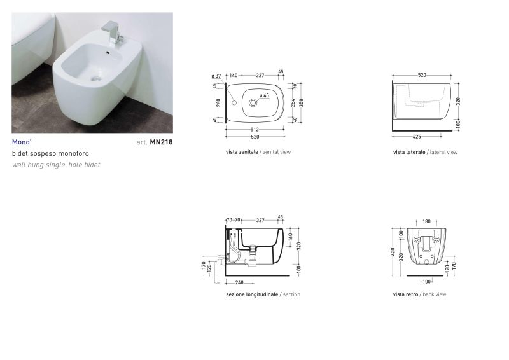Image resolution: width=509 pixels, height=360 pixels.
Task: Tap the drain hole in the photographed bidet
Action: (95, 79)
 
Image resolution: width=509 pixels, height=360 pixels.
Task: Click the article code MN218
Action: (161, 142)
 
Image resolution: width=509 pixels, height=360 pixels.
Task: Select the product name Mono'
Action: (22, 142)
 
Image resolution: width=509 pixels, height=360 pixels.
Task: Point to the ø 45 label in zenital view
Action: (264, 96)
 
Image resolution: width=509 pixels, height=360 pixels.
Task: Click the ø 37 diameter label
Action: (216, 76)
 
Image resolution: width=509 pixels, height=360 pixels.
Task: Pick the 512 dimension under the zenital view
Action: (254, 130)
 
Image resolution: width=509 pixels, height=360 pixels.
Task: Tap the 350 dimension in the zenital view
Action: (301, 103)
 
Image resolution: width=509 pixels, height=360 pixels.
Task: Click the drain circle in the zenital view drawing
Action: (253, 103)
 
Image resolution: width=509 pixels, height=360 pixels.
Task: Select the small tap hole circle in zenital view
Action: (234, 103)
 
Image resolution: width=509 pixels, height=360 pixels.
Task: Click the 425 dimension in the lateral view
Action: (417, 137)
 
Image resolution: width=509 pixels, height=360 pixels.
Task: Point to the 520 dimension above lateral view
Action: (422, 75)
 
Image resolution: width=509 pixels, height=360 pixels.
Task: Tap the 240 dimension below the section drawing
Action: (239, 283)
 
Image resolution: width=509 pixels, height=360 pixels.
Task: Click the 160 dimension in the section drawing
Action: (291, 237)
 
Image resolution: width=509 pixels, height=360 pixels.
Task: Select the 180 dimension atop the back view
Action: (426, 221)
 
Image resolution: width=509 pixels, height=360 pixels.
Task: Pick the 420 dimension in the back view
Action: (393, 252)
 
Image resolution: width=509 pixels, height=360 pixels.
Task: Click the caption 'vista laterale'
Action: (409, 152)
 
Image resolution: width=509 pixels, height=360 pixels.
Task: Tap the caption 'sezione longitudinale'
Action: (252, 294)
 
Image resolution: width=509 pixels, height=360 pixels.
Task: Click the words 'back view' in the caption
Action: (435, 294)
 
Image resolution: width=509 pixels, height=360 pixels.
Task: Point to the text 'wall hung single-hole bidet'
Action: (56, 165)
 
